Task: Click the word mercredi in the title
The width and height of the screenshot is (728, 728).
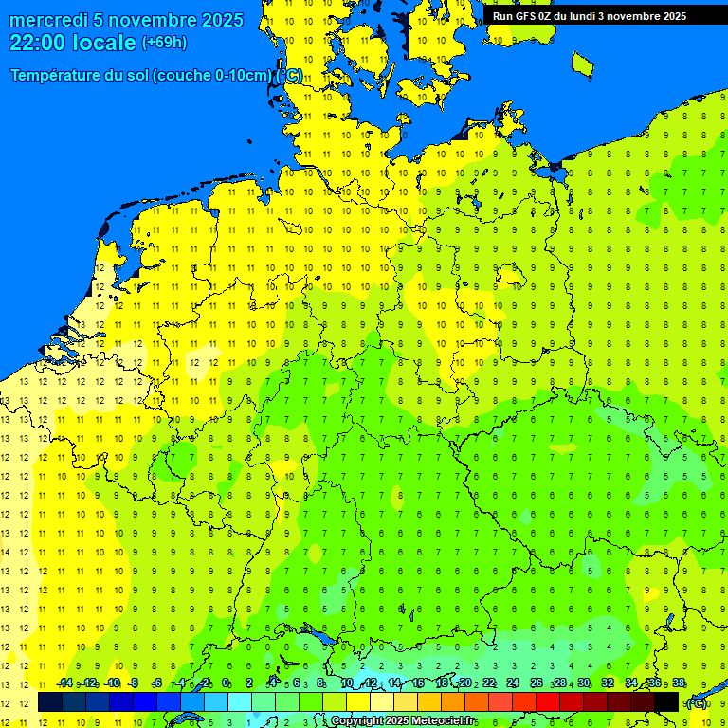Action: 48,20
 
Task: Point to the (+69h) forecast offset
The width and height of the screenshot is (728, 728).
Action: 164,43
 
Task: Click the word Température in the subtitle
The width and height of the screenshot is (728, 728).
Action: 55,75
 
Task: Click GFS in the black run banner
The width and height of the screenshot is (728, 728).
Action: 527,16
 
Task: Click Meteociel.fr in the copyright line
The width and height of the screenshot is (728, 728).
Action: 444,721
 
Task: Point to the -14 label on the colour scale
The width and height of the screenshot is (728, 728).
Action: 64,682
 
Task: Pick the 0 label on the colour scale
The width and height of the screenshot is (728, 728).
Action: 226,682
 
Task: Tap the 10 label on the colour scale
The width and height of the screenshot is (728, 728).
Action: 347,682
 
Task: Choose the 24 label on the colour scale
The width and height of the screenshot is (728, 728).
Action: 512,682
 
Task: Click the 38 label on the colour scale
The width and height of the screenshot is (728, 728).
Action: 679,682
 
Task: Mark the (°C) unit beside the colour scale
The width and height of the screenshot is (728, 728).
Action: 697,702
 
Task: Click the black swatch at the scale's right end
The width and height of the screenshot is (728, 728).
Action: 666,701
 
